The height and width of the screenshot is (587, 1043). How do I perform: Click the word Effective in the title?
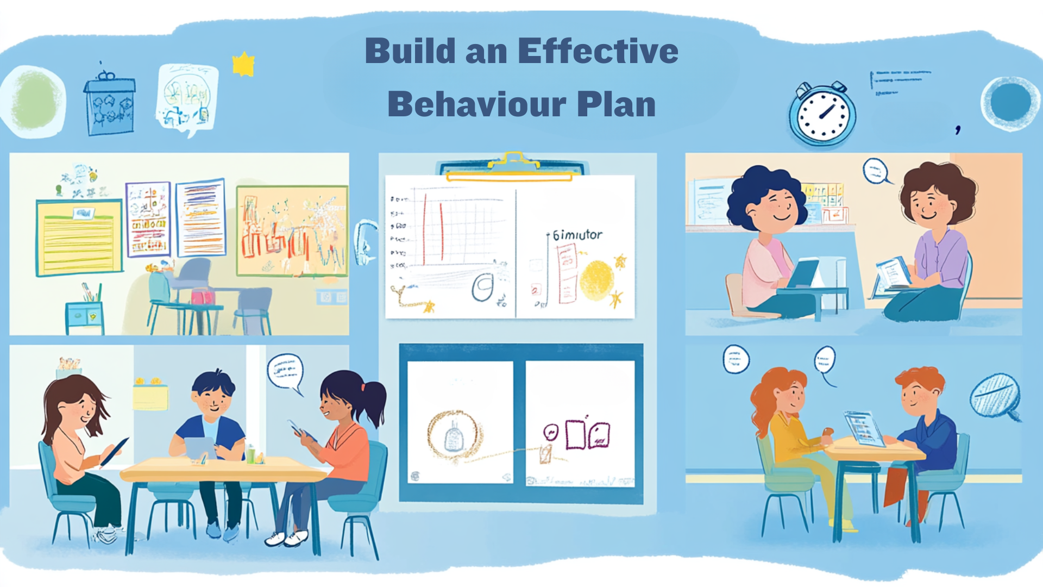[x=598, y=52]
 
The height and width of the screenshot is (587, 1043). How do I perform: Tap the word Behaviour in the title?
[x=476, y=104]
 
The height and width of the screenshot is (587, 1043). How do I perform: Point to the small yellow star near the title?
[x=243, y=65]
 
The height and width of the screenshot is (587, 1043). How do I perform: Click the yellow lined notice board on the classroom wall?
[x=79, y=238]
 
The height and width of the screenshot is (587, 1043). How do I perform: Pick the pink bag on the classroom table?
[x=203, y=296]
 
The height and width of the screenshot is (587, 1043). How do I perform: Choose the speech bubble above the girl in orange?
[x=285, y=372]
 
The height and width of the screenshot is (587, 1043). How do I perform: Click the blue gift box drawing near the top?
[x=109, y=105]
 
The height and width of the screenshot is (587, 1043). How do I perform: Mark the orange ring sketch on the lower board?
[x=454, y=435]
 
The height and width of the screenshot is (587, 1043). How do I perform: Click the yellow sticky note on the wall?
[x=150, y=397]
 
